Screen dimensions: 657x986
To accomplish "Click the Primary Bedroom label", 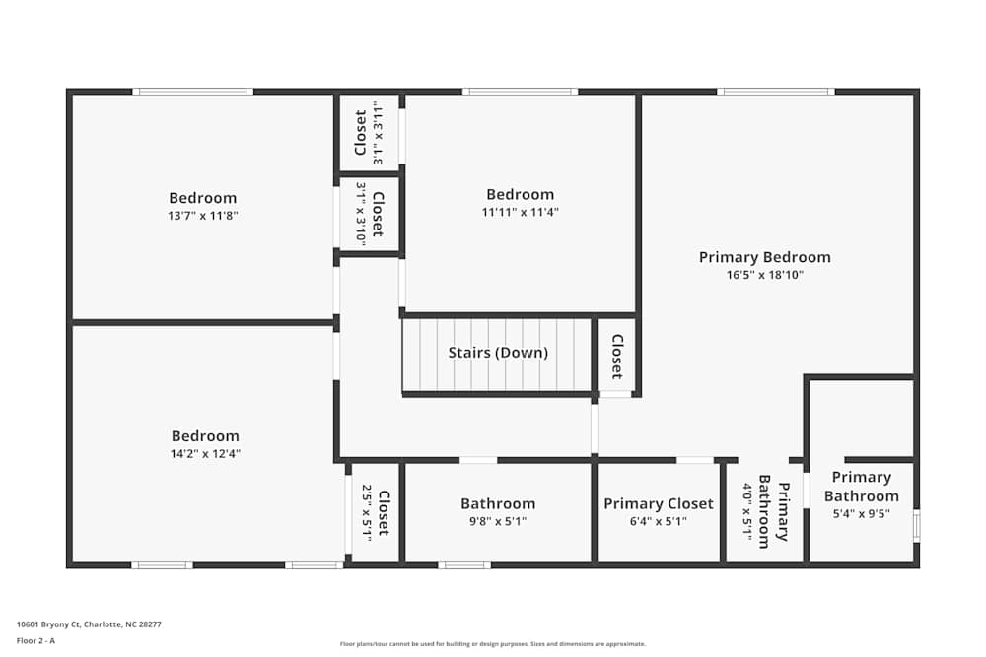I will pyautogui.click(x=764, y=257).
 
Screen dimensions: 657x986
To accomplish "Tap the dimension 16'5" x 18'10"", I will pyautogui.click(x=765, y=276).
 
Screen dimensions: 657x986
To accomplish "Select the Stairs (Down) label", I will pyautogui.click(x=498, y=352).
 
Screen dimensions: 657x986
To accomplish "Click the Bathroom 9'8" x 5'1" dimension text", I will pyautogui.click(x=498, y=522).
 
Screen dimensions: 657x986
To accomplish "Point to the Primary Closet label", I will pyautogui.click(x=658, y=503).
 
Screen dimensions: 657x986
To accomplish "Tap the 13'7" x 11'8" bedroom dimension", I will pyautogui.click(x=202, y=215).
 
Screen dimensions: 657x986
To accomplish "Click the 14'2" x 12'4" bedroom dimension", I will pyautogui.click(x=205, y=454).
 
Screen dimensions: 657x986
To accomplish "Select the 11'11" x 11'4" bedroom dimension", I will pyautogui.click(x=520, y=212).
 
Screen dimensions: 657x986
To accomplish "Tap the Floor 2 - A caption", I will pyautogui.click(x=35, y=640).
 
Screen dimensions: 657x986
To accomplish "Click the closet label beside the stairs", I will pyautogui.click(x=616, y=357).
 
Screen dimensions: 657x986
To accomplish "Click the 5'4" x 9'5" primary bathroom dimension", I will pyautogui.click(x=862, y=512).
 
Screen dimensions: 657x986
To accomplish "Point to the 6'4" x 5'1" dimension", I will pyautogui.click(x=658, y=522).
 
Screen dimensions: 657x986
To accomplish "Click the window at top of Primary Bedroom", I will pyautogui.click(x=775, y=92).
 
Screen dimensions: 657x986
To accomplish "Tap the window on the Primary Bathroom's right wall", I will pyautogui.click(x=916, y=525).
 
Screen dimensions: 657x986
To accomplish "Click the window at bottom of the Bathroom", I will pyautogui.click(x=463, y=565).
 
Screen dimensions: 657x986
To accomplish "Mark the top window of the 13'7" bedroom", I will pyautogui.click(x=193, y=92).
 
